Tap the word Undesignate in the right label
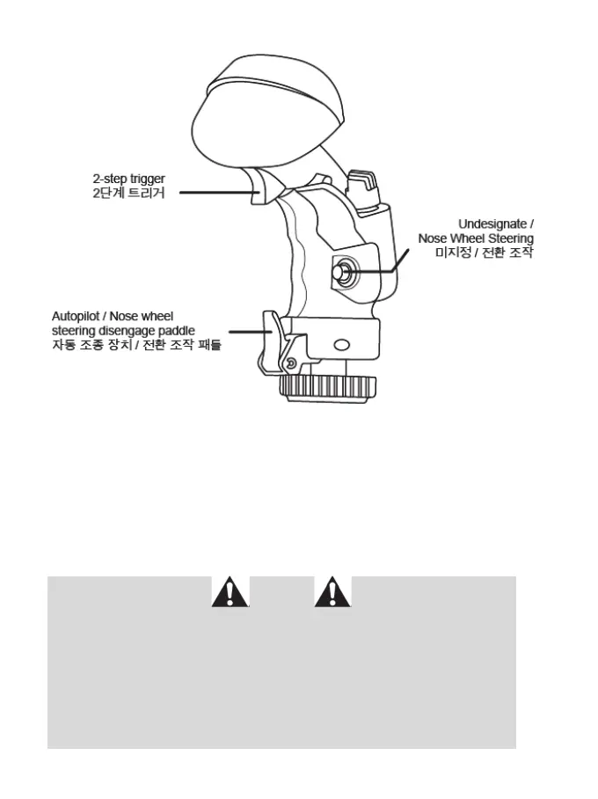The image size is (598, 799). click(492, 224)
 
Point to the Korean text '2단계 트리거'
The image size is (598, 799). click(128, 193)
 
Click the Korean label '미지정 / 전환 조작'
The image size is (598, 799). click(485, 253)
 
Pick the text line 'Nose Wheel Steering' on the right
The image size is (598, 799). click(476, 238)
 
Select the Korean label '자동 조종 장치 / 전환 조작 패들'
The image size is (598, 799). click(136, 345)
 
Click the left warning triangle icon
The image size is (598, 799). click(230, 593)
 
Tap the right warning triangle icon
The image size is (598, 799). click(332, 593)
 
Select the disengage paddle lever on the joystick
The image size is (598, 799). click(273, 339)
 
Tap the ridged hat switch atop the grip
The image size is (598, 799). click(361, 187)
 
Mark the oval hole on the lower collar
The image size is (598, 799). click(341, 344)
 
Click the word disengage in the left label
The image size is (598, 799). click(120, 330)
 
